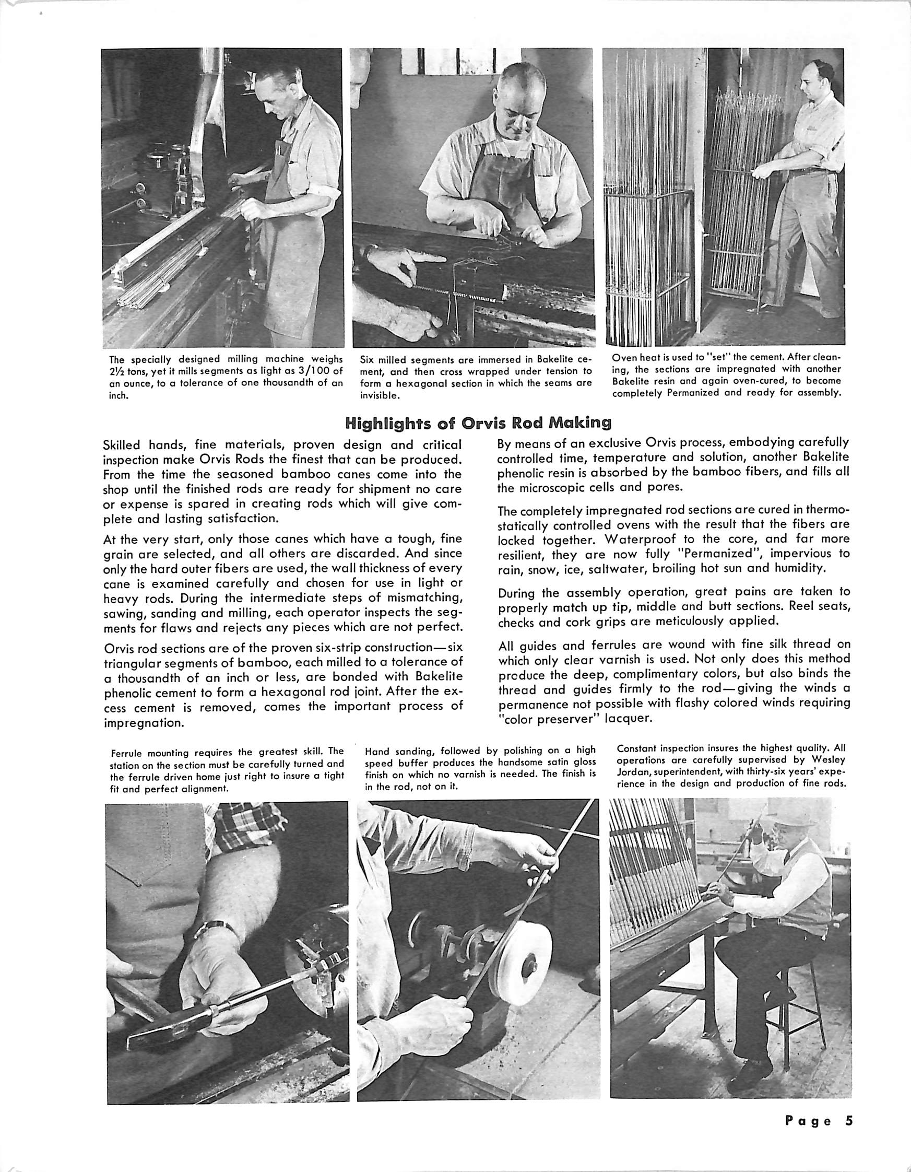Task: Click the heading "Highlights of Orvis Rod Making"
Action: point(478,424)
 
